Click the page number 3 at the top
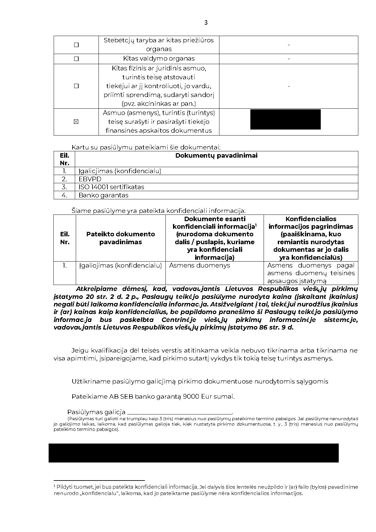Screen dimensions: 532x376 click(206, 22)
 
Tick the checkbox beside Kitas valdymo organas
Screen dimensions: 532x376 click(76, 59)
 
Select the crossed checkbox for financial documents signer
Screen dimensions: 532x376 click(76, 122)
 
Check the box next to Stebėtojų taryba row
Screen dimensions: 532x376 click(76, 45)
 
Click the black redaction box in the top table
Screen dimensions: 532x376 click(285, 119)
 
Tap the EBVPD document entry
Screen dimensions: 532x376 click(90, 179)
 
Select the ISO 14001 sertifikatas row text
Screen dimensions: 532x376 click(111, 187)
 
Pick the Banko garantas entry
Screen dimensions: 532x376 click(103, 195)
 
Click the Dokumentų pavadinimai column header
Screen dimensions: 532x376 click(216, 155)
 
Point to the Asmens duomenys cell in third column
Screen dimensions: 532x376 click(200, 265)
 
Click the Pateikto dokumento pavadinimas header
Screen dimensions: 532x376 click(121, 238)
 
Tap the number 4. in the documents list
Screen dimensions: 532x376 click(64, 195)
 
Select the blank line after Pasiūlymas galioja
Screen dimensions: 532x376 click(179, 412)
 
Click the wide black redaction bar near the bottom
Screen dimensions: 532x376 click(193, 453)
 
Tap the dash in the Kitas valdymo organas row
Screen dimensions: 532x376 click(289, 59)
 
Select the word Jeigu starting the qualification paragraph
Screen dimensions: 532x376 click(80, 350)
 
